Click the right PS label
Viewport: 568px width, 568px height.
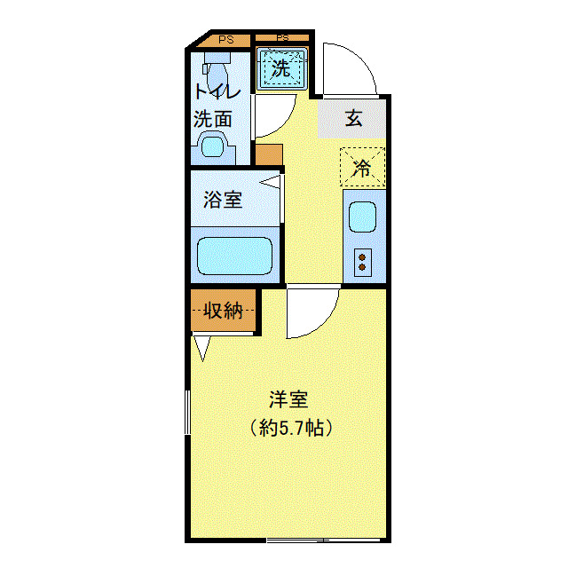tap(282, 38)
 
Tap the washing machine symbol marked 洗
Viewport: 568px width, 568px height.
tap(281, 68)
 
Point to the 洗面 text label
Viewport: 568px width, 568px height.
tap(213, 117)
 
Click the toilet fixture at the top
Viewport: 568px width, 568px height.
tap(215, 66)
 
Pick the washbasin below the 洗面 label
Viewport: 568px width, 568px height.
tap(213, 145)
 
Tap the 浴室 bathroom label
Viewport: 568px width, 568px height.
tap(222, 200)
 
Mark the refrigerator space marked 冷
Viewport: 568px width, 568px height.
tap(362, 167)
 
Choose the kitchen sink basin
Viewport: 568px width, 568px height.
tap(362, 217)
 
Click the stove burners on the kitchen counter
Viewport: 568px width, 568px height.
tap(362, 260)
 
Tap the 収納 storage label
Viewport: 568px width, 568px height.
tap(223, 311)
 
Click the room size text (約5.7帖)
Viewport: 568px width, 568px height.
tap(290, 429)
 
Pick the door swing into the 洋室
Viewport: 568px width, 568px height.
tap(312, 312)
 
